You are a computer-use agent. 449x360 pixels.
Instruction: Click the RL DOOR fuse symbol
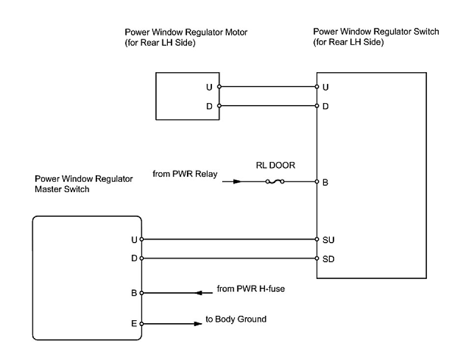[x=275, y=181]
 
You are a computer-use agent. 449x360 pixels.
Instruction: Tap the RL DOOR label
[x=275, y=166]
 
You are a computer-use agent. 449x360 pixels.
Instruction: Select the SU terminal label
[x=328, y=240]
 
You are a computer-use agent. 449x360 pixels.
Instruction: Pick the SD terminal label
[x=328, y=259]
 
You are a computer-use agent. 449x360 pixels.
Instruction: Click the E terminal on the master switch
[x=141, y=324]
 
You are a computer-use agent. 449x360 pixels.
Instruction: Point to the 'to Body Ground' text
[x=236, y=319]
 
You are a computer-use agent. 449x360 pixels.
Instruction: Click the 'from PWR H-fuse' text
[x=251, y=289]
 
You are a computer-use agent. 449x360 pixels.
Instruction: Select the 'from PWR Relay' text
[x=185, y=174]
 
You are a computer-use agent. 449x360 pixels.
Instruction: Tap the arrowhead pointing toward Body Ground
[x=198, y=324]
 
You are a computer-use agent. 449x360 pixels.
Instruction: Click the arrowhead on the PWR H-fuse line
[x=199, y=293]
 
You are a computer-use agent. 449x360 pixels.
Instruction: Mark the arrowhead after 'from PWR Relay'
[x=237, y=181]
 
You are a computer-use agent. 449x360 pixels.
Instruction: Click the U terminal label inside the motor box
[x=210, y=87]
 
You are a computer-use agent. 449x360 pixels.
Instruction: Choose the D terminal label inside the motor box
[x=210, y=107]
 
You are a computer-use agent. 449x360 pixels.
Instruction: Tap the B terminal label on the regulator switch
[x=325, y=182]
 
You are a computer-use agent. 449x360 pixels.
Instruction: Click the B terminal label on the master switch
[x=134, y=293]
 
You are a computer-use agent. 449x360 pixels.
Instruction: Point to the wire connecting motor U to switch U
[x=268, y=86]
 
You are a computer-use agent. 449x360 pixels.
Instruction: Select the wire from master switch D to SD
[x=229, y=258]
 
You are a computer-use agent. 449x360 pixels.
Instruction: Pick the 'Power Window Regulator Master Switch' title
[x=83, y=184]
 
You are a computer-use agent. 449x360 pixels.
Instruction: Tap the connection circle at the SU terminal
[x=317, y=239]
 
